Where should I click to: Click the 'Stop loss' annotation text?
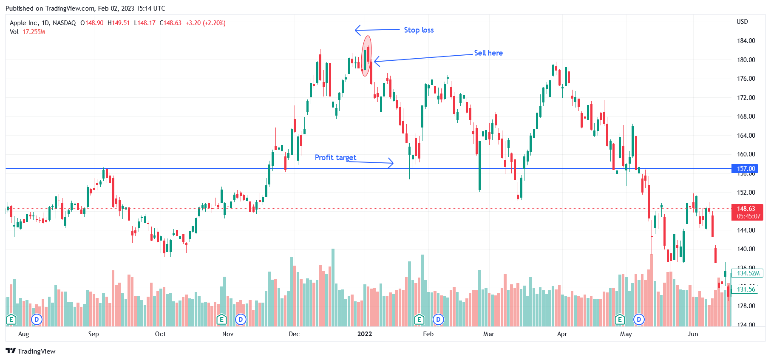[419, 30]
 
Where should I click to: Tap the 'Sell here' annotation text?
[488, 53]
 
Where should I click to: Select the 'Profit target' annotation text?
[335, 157]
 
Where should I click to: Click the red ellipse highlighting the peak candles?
[366, 56]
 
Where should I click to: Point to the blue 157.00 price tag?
[745, 169]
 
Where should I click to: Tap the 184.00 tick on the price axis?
[745, 41]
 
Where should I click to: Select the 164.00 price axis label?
[745, 136]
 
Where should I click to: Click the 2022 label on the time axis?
[365, 334]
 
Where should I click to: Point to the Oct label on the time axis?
[161, 334]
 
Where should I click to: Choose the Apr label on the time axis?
[562, 334]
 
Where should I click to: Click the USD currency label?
[742, 22]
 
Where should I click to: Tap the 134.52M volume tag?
[748, 273]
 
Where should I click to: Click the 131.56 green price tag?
[746, 289]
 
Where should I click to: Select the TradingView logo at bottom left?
[31, 351]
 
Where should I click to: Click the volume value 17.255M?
[34, 32]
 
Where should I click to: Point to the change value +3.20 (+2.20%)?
[205, 23]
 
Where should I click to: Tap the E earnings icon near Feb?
[419, 319]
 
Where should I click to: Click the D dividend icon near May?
[638, 319]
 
